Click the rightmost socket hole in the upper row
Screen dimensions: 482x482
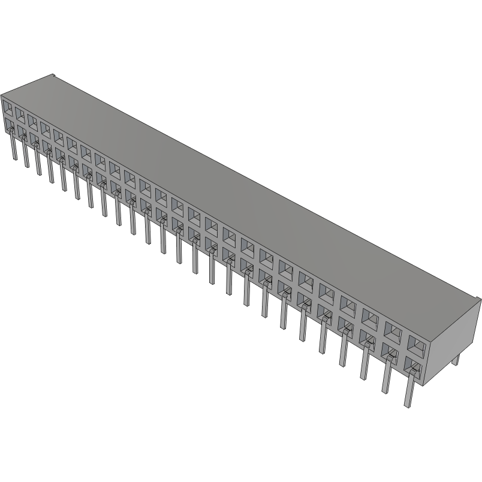pos(416,342)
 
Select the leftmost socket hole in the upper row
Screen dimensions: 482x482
pos(8,108)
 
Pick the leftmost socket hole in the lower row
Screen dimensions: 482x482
pos(8,127)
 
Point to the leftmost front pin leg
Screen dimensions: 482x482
pos(13,147)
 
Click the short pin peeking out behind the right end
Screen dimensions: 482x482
pos(456,359)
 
